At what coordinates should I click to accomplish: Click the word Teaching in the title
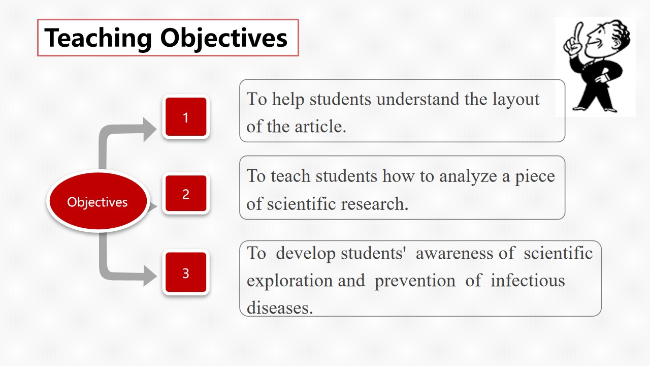click(x=98, y=38)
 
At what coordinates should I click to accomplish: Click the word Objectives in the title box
click(x=224, y=38)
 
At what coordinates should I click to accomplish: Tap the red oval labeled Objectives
click(x=98, y=201)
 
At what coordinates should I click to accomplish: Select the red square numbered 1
click(x=186, y=117)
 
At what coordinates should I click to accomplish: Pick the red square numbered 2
click(x=186, y=193)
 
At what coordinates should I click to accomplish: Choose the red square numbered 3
click(x=186, y=272)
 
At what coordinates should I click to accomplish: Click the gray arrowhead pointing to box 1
click(x=150, y=130)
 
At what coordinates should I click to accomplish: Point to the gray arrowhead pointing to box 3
click(x=150, y=276)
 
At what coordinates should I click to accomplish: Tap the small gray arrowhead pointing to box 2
click(x=152, y=206)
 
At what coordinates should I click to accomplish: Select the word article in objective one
click(x=320, y=127)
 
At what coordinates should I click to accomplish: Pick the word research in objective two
click(x=375, y=204)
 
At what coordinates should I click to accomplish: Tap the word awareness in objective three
click(x=454, y=253)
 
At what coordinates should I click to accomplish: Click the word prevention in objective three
click(x=415, y=281)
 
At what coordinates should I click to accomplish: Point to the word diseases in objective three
click(x=280, y=308)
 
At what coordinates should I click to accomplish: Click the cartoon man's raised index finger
click(x=578, y=33)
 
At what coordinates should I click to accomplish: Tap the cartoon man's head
click(x=607, y=38)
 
